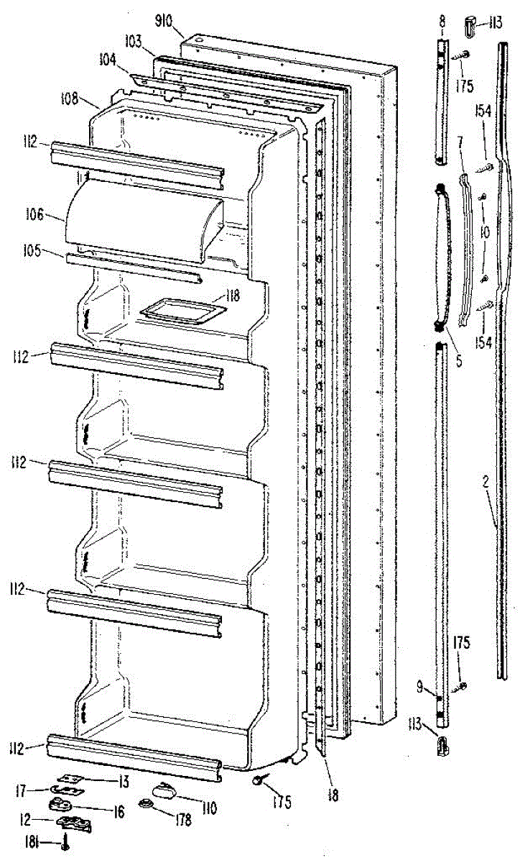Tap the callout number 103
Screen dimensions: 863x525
132,43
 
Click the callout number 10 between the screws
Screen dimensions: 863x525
485,232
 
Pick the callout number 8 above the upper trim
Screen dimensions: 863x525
441,24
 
